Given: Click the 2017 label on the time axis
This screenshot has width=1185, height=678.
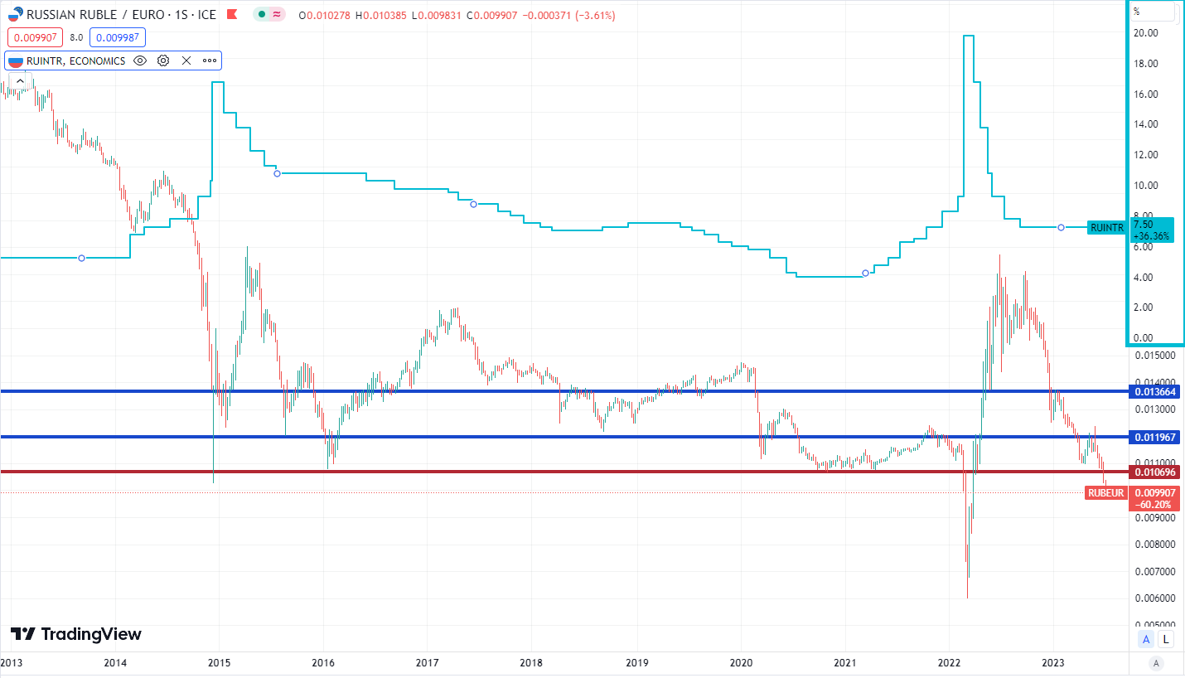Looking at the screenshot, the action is pos(427,662).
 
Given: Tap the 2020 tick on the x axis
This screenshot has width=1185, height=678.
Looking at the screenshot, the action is pos(741,662).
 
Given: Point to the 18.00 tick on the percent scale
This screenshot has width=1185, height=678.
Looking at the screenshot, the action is pos(1145,64).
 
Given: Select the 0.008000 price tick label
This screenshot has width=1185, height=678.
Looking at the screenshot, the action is pos(1155,545).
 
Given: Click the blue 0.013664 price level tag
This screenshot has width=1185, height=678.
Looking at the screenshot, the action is pos(1155,392).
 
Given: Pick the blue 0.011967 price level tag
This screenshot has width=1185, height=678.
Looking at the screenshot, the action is pos(1155,437).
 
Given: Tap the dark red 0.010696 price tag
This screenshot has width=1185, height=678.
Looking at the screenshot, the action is pos(1155,472).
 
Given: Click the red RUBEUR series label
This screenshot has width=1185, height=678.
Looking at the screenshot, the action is pos(1105,493).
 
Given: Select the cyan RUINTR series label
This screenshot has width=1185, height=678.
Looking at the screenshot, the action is pos(1107,228).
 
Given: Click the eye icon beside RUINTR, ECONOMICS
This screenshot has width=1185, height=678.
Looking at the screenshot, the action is pos(140,61).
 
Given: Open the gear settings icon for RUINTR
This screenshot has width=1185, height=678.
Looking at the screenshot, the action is pos(163,61).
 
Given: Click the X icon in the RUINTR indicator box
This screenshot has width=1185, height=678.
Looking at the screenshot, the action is pos(186,61).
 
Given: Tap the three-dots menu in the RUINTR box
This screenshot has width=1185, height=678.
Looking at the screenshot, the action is pos(210,61).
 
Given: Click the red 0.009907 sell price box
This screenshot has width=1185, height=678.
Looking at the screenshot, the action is pos(35,37).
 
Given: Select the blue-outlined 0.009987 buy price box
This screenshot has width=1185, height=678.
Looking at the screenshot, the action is pos(118,37).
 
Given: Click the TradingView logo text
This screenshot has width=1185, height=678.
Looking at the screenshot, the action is pos(91,634).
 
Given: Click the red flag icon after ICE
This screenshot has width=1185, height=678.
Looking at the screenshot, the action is pos(232,14).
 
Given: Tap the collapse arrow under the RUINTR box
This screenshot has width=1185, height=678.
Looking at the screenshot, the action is pos(20,81).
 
